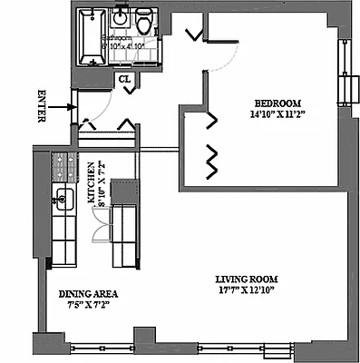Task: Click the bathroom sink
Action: [x=122, y=18]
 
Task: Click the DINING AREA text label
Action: [x=87, y=294]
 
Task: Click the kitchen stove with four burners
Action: [x=64, y=165]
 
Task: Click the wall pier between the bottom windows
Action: [x=139, y=348]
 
